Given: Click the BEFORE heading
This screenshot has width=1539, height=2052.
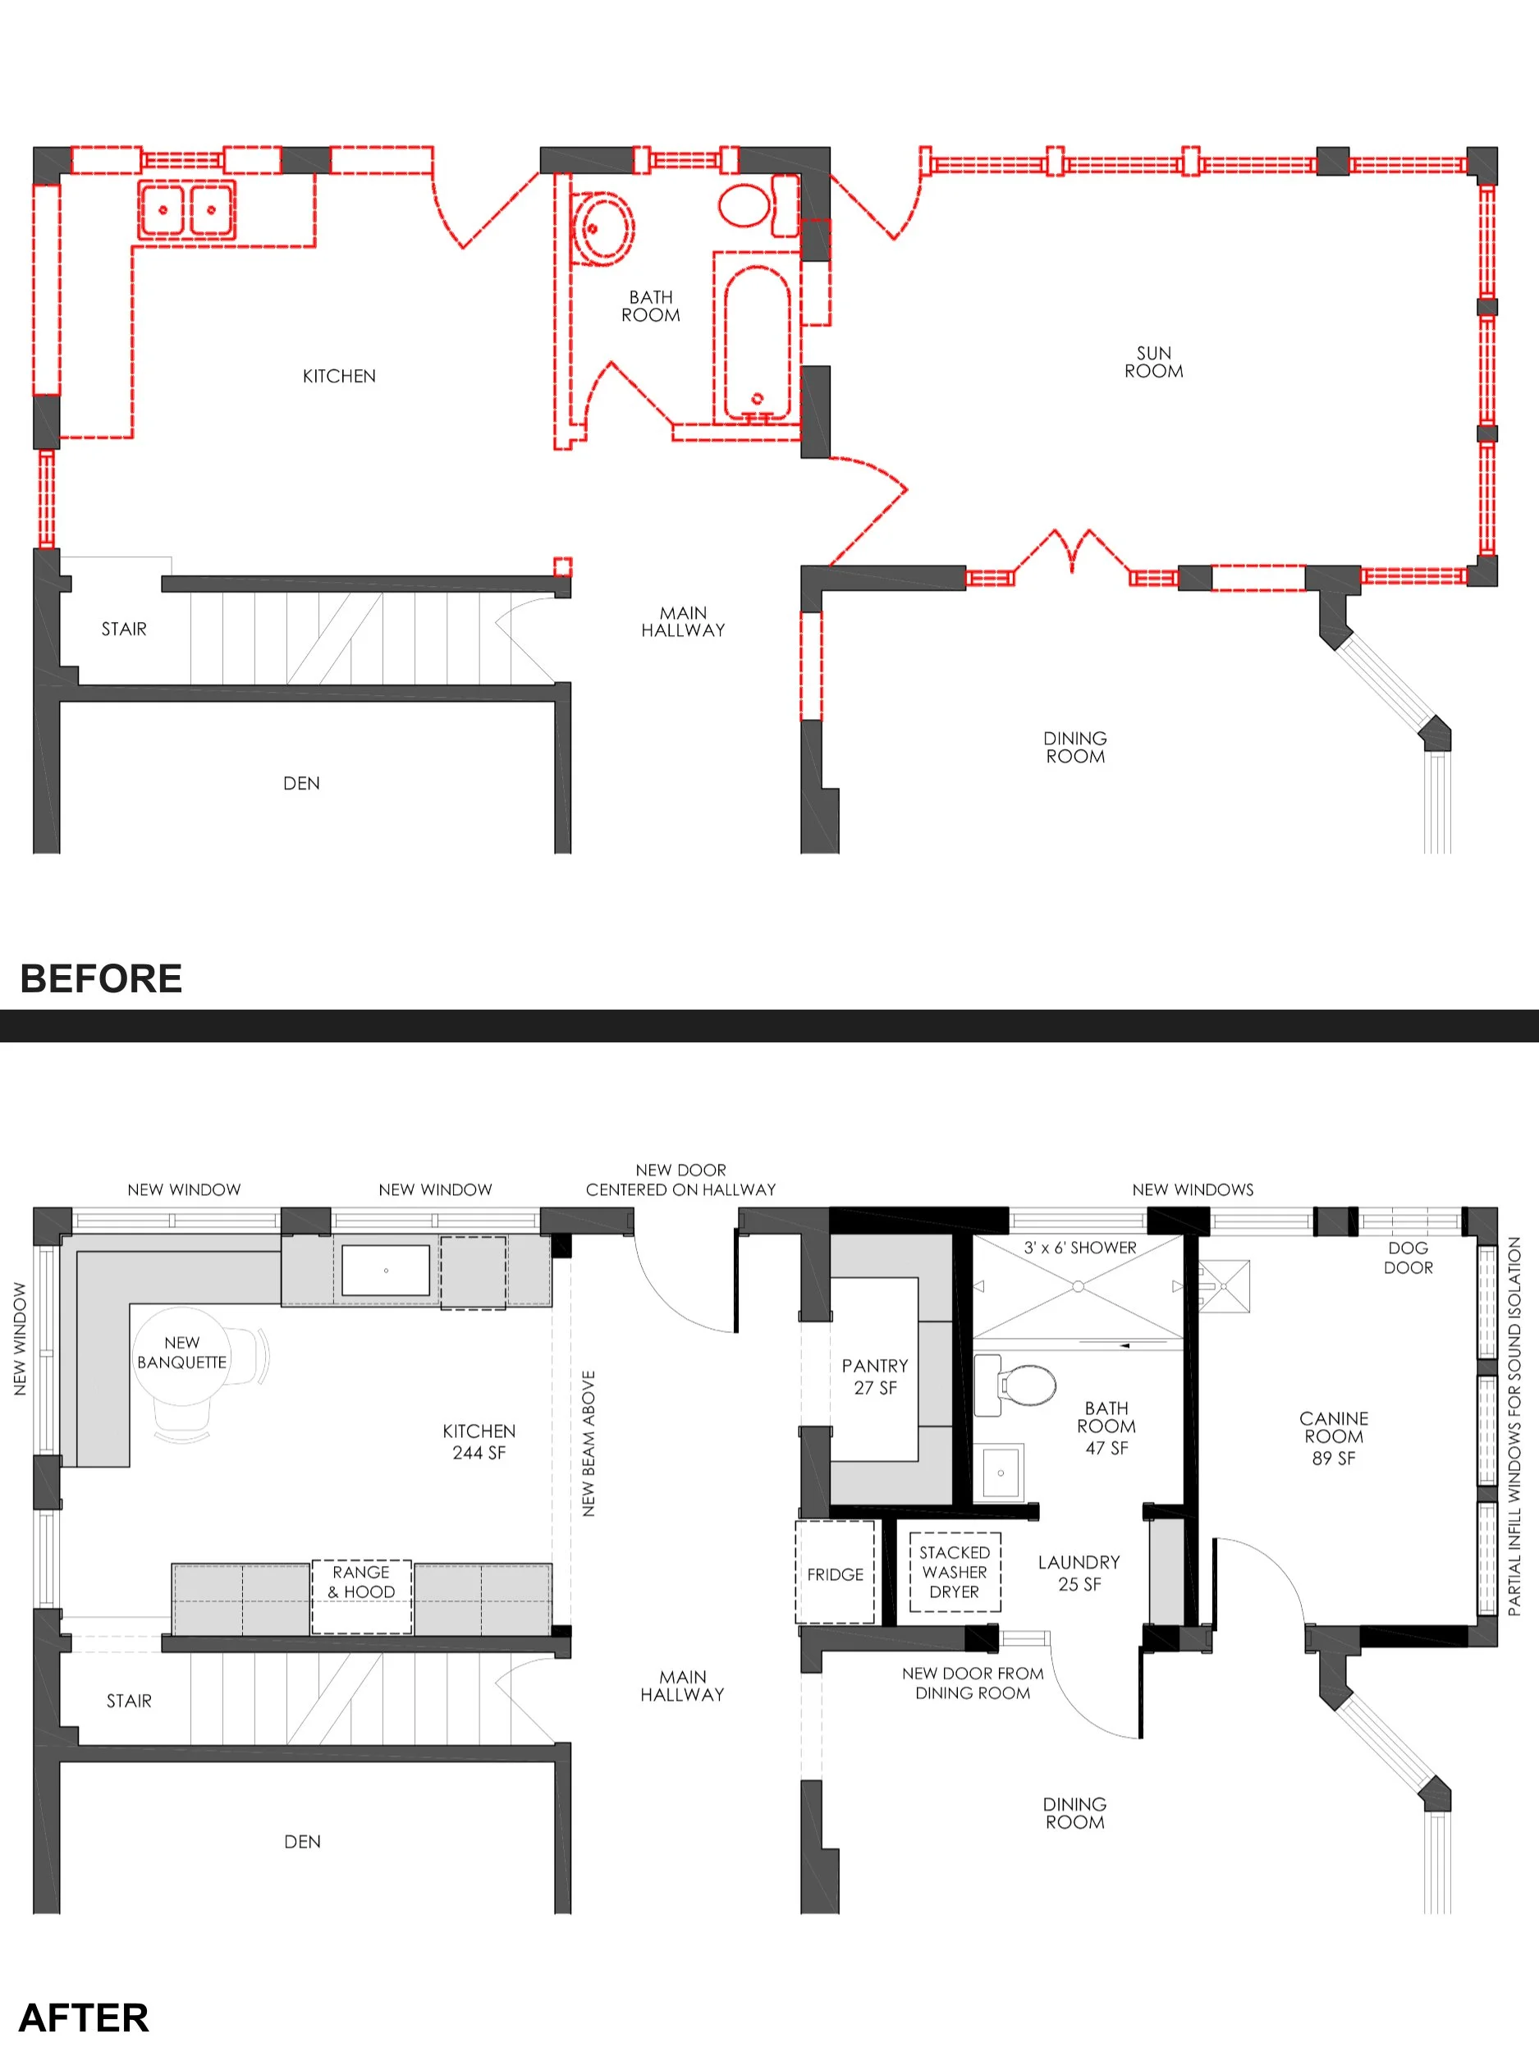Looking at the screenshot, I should coord(100,978).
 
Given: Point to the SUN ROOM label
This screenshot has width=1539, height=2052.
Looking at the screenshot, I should coord(1153,362).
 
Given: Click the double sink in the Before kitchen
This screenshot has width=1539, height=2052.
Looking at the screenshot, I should coord(186,209).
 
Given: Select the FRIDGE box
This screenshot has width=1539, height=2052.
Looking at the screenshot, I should coord(835,1574).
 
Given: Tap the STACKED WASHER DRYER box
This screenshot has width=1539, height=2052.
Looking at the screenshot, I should coord(955,1572).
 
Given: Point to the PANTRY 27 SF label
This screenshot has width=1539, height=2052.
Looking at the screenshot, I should coord(875,1376).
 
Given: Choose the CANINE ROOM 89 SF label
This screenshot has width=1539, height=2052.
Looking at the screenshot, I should coord(1333,1438).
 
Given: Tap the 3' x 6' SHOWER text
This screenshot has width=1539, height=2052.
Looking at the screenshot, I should coord(1080,1248).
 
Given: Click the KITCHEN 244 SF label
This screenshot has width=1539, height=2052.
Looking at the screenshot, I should coord(479,1441).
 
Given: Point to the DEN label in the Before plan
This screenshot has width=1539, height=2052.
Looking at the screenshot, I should coord(301,783).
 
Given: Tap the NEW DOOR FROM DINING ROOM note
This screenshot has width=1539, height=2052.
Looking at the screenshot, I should coord(972,1683).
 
